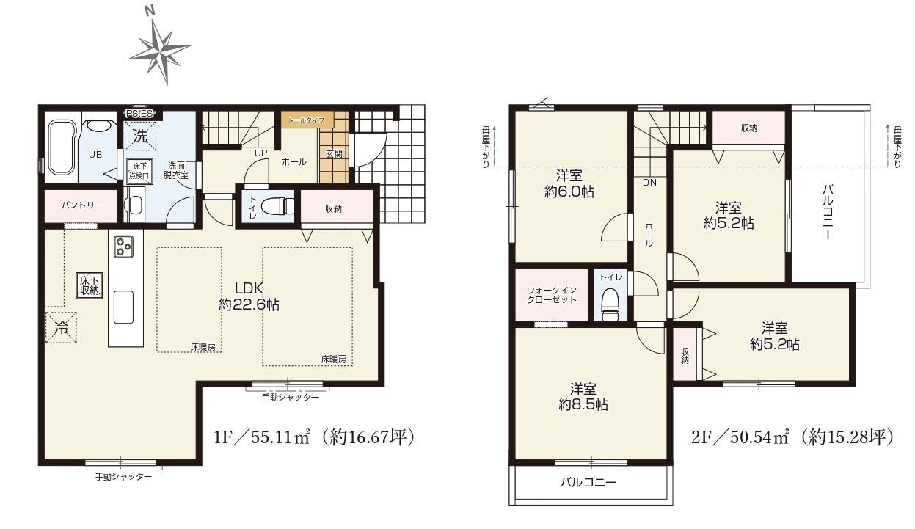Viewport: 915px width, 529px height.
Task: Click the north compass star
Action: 159,51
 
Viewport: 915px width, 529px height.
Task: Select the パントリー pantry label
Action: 81,205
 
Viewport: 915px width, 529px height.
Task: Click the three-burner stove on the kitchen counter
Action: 123,247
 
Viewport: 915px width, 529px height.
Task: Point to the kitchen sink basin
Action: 123,307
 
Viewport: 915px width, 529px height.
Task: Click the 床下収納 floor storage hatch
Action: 89,285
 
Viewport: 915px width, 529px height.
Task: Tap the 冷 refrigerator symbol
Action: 62,327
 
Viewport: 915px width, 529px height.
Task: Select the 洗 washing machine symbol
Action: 140,136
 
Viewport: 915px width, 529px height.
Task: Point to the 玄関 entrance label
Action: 334,153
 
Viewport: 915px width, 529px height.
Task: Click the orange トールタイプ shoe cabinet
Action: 307,120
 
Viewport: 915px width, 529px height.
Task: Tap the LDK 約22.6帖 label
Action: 249,296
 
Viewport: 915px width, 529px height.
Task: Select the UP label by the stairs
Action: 261,153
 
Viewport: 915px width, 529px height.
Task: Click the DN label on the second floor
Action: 649,183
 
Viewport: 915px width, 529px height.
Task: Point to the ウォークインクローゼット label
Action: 552,294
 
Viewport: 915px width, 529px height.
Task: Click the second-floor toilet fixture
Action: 610,304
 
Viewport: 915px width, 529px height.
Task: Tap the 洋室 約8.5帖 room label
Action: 583,396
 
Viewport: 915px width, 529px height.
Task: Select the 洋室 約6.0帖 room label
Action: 569,184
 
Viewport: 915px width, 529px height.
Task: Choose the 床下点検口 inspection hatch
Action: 139,170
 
